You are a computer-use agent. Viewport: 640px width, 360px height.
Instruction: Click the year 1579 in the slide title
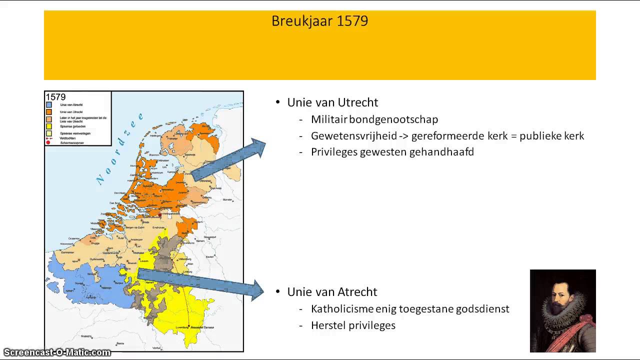(x=352, y=21)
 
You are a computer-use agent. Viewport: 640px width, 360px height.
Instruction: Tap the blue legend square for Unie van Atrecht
(x=48, y=105)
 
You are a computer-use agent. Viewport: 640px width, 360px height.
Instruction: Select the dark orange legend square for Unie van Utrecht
(x=48, y=112)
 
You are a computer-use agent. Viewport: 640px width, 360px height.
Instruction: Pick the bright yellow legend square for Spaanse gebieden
(x=48, y=126)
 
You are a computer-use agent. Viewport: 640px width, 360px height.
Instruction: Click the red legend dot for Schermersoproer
(x=48, y=142)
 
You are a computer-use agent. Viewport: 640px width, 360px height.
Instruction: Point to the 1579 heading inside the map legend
(x=55, y=97)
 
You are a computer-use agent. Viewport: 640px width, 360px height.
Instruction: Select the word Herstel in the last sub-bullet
(x=327, y=325)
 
